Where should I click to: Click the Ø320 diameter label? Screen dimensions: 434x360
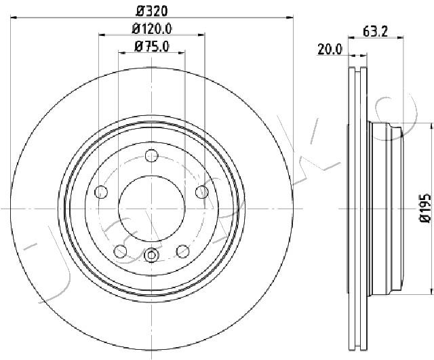click(152, 11)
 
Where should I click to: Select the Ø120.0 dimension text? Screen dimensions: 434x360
click(152, 28)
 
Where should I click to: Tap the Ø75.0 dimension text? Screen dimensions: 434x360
click(152, 47)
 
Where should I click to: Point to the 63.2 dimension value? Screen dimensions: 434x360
click(375, 32)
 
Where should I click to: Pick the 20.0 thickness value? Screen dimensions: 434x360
click(330, 49)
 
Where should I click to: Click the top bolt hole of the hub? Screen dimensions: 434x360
click(152, 155)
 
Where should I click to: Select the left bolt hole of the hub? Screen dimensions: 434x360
click(101, 192)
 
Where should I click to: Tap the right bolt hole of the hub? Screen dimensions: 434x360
click(202, 192)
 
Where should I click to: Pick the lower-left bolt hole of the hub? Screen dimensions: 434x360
click(121, 252)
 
